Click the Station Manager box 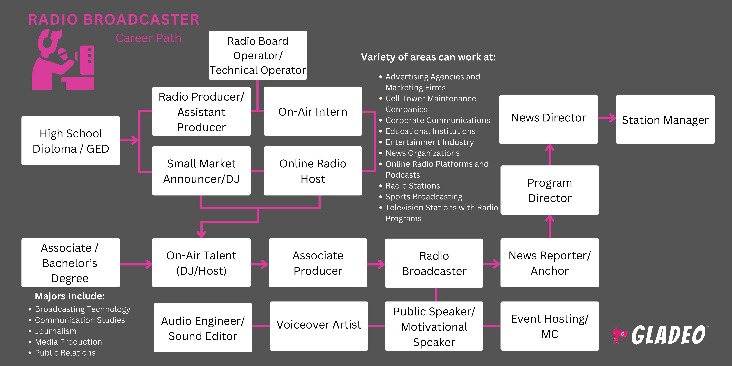click(665, 119)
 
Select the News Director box click(548, 119)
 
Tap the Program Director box click(550, 190)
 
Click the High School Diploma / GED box click(70, 141)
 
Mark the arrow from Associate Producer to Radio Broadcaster click(376, 264)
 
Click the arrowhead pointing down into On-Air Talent click(201, 234)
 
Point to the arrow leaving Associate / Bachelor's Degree click(136, 264)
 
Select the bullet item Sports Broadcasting click(423, 197)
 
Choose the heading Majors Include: click(70, 296)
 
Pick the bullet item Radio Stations click(413, 186)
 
